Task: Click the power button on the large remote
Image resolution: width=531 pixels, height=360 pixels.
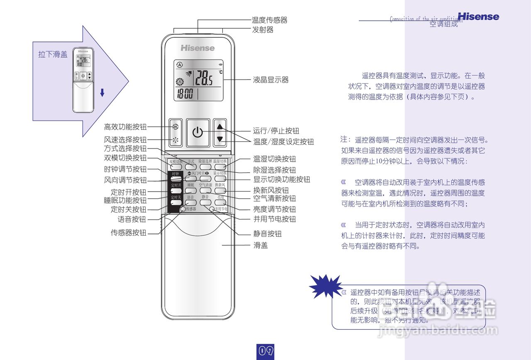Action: [x=197, y=133]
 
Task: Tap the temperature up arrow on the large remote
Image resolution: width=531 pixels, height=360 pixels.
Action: [x=220, y=126]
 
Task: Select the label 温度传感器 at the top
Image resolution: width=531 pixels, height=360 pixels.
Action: [x=270, y=20]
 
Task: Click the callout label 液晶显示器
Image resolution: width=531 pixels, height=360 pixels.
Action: [x=271, y=80]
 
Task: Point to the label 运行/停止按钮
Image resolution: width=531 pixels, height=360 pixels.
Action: [x=276, y=131]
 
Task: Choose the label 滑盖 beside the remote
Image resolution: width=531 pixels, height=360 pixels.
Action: [x=261, y=246]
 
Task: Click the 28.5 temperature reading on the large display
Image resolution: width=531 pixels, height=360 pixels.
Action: [x=204, y=78]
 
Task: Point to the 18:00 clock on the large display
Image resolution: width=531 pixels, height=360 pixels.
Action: [x=185, y=94]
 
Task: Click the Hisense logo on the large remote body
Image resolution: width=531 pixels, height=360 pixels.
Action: [x=197, y=48]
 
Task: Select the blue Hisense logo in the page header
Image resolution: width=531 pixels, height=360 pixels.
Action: [x=478, y=17]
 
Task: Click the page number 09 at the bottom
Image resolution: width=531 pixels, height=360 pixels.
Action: [x=266, y=351]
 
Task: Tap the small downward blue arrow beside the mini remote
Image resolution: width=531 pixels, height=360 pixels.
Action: [x=102, y=93]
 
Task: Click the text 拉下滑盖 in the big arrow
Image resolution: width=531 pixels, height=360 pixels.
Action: [x=53, y=55]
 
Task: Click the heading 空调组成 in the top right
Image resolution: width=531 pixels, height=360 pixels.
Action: [x=443, y=24]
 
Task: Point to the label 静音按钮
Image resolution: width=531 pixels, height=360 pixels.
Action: [x=268, y=234]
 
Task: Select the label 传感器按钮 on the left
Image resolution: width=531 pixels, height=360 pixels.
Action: [x=129, y=233]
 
